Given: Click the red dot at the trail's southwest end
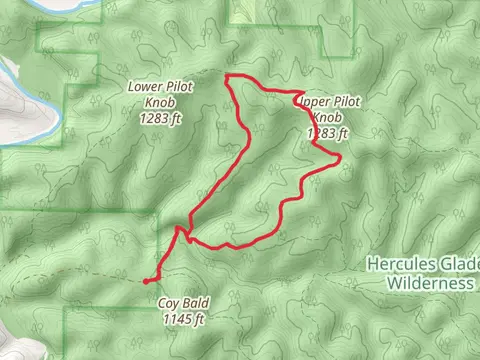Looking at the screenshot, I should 147,281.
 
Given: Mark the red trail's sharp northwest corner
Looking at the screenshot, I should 228,76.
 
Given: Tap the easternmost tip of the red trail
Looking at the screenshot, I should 341,157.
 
